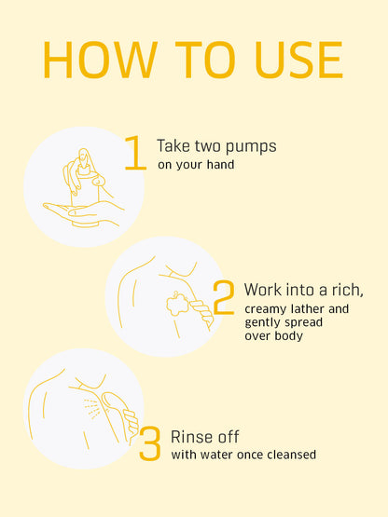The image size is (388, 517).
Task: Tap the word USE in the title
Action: click(299, 60)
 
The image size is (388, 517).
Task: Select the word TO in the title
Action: click(205, 60)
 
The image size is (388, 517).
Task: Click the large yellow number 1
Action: click(135, 153)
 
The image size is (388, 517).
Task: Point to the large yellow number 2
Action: click(224, 297)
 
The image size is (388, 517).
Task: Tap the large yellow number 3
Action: click(150, 443)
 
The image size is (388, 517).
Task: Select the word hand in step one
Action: click(221, 164)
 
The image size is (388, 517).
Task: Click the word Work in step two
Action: click(263, 290)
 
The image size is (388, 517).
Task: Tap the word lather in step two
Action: click(308, 309)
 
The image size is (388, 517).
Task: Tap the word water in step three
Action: click(214, 455)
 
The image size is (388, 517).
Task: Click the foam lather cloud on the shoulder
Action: click(177, 304)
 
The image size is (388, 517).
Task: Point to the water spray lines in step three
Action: click(92, 409)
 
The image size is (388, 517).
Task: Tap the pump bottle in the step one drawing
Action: click(86, 188)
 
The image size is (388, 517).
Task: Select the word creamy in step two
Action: click(266, 310)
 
